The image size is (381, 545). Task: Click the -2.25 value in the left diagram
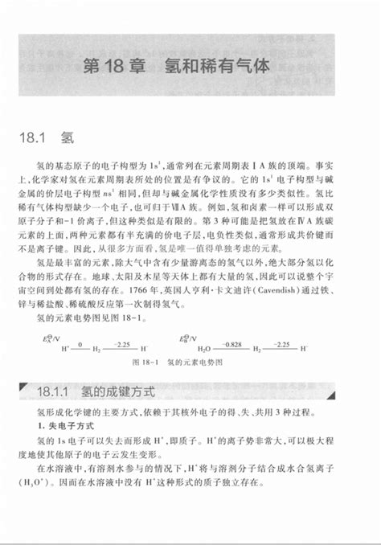point(122,341)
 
